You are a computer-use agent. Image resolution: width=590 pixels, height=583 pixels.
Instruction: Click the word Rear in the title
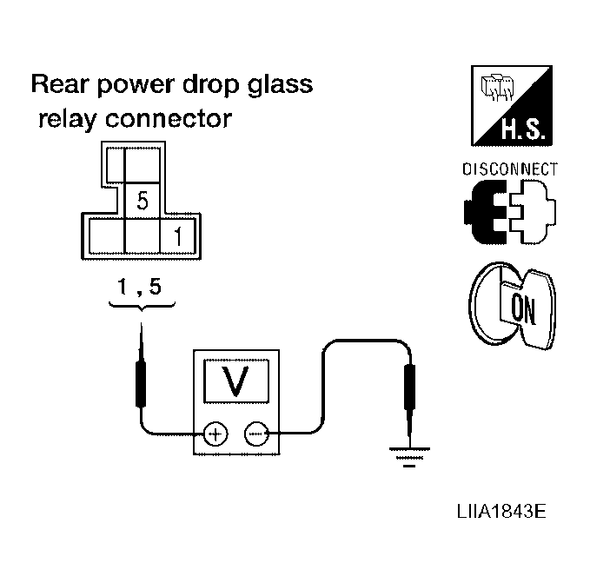(x=59, y=84)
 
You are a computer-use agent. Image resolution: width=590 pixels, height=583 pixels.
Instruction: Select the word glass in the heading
(x=281, y=85)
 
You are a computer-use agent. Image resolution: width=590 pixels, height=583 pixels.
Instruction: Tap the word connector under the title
(x=169, y=119)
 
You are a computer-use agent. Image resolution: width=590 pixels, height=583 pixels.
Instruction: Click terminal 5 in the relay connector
(x=143, y=201)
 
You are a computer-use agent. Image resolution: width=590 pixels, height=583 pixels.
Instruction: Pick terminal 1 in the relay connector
(x=177, y=236)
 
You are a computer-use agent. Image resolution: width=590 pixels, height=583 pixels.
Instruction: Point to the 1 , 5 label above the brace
(x=139, y=286)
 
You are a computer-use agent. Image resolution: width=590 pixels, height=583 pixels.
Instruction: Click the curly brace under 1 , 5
(x=142, y=306)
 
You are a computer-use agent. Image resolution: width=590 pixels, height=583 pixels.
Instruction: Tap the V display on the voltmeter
(x=236, y=381)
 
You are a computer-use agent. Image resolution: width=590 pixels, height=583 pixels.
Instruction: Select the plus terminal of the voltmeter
(x=215, y=434)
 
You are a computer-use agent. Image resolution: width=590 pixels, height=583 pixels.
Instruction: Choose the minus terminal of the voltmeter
(x=256, y=434)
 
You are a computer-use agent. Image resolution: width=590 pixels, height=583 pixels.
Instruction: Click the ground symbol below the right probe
(x=409, y=457)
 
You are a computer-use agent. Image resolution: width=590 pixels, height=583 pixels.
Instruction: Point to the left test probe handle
(x=141, y=384)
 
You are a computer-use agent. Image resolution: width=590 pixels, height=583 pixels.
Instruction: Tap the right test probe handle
(x=409, y=387)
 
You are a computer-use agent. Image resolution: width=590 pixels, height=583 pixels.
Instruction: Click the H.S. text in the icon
(x=523, y=129)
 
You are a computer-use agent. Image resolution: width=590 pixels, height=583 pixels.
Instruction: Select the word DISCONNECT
(x=510, y=169)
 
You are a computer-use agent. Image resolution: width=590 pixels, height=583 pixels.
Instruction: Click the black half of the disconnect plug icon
(x=486, y=212)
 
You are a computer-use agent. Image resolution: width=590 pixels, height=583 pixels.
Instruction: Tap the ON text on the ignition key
(x=523, y=308)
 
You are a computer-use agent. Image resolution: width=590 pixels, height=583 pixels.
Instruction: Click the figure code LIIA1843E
(x=501, y=512)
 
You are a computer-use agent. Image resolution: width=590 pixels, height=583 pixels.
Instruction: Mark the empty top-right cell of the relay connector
(x=143, y=165)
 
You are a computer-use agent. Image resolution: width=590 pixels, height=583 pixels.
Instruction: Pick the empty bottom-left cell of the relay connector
(x=107, y=236)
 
